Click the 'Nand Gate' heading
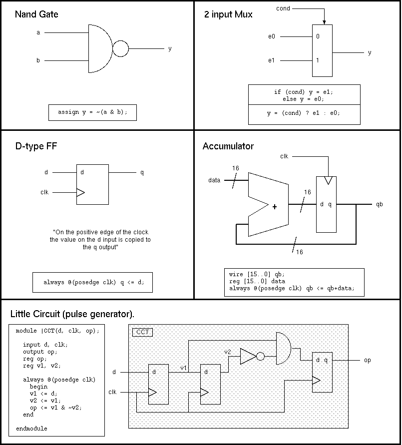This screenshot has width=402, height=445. [x=36, y=14]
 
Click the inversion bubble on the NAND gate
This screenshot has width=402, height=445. [x=120, y=49]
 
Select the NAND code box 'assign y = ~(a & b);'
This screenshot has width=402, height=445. [x=92, y=112]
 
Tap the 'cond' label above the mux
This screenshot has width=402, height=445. [x=283, y=8]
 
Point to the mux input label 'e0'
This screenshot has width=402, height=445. [x=272, y=36]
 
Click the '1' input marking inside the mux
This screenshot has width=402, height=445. [x=318, y=60]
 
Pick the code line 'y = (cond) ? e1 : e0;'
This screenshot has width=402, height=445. [x=304, y=113]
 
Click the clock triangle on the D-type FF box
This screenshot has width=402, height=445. [x=80, y=192]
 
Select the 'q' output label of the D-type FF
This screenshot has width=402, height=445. [x=142, y=172]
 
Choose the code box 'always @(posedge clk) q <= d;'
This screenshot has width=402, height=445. [x=92, y=282]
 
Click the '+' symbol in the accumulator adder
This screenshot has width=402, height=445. [x=274, y=207]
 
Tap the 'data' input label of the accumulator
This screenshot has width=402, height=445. [x=215, y=180]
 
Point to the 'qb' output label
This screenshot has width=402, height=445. [x=380, y=204]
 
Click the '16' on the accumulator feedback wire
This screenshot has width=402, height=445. [x=299, y=252]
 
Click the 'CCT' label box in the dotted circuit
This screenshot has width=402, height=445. [x=142, y=332]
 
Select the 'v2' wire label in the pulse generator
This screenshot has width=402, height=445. [x=228, y=352]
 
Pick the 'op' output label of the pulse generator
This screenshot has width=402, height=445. [x=367, y=360]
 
